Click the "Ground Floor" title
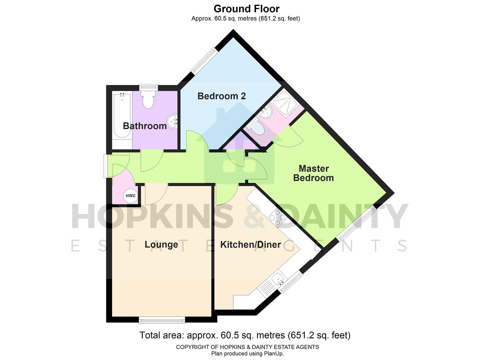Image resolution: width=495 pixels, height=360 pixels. tap(246, 9)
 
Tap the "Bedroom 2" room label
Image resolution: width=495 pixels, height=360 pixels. tap(222, 96)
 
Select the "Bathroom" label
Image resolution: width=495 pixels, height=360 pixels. tap(145, 126)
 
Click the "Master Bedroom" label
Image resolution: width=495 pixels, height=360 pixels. tap(313, 173)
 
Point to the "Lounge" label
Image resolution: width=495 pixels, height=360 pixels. tap(161, 245)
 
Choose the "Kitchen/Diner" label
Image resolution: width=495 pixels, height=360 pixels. tap(250, 245)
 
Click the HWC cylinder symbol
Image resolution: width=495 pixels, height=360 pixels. tap(131, 196)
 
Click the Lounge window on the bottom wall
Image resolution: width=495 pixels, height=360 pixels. tap(162, 320)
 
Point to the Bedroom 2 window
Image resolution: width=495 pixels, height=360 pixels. tap(204, 60)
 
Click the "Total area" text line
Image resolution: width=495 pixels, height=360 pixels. tap(245, 335)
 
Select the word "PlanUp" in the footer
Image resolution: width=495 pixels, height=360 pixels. tap(273, 354)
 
